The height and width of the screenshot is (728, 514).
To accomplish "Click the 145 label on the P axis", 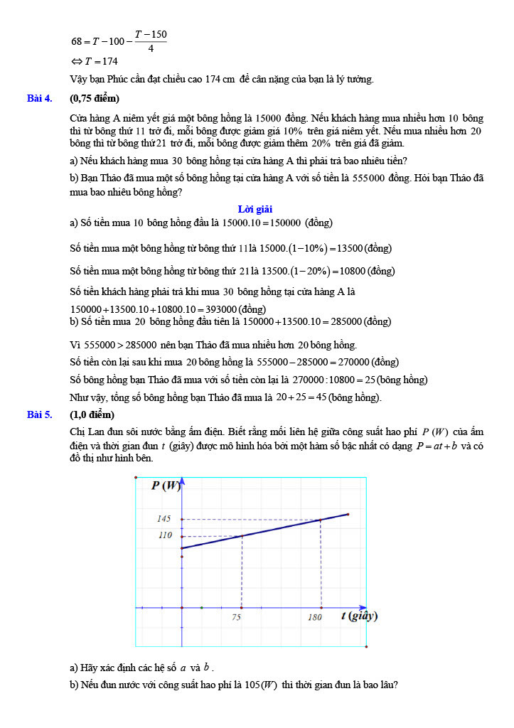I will [x=164, y=519].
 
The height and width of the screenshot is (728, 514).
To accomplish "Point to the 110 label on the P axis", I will [x=165, y=535].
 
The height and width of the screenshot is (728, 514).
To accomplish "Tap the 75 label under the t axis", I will [x=236, y=618].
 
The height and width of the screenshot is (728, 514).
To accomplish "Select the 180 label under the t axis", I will [x=315, y=618].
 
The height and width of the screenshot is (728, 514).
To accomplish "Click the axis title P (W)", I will [x=167, y=486].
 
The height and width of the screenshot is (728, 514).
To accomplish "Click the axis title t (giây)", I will [x=358, y=616].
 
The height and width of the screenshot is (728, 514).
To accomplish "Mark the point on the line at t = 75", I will [x=242, y=536].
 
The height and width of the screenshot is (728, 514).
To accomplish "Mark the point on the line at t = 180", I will [x=321, y=520].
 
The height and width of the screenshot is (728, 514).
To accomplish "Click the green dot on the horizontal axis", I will [x=202, y=608].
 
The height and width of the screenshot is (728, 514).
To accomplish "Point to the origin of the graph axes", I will [x=182, y=608].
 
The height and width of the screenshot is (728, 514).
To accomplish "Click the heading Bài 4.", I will [x=40, y=98].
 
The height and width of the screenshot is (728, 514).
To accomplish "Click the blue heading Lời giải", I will [x=255, y=209].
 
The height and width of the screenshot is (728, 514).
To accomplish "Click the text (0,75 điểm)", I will [x=94, y=98].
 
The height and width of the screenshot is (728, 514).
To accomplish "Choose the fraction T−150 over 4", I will [x=151, y=41].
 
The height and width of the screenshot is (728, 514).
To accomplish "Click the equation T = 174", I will [x=95, y=61].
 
